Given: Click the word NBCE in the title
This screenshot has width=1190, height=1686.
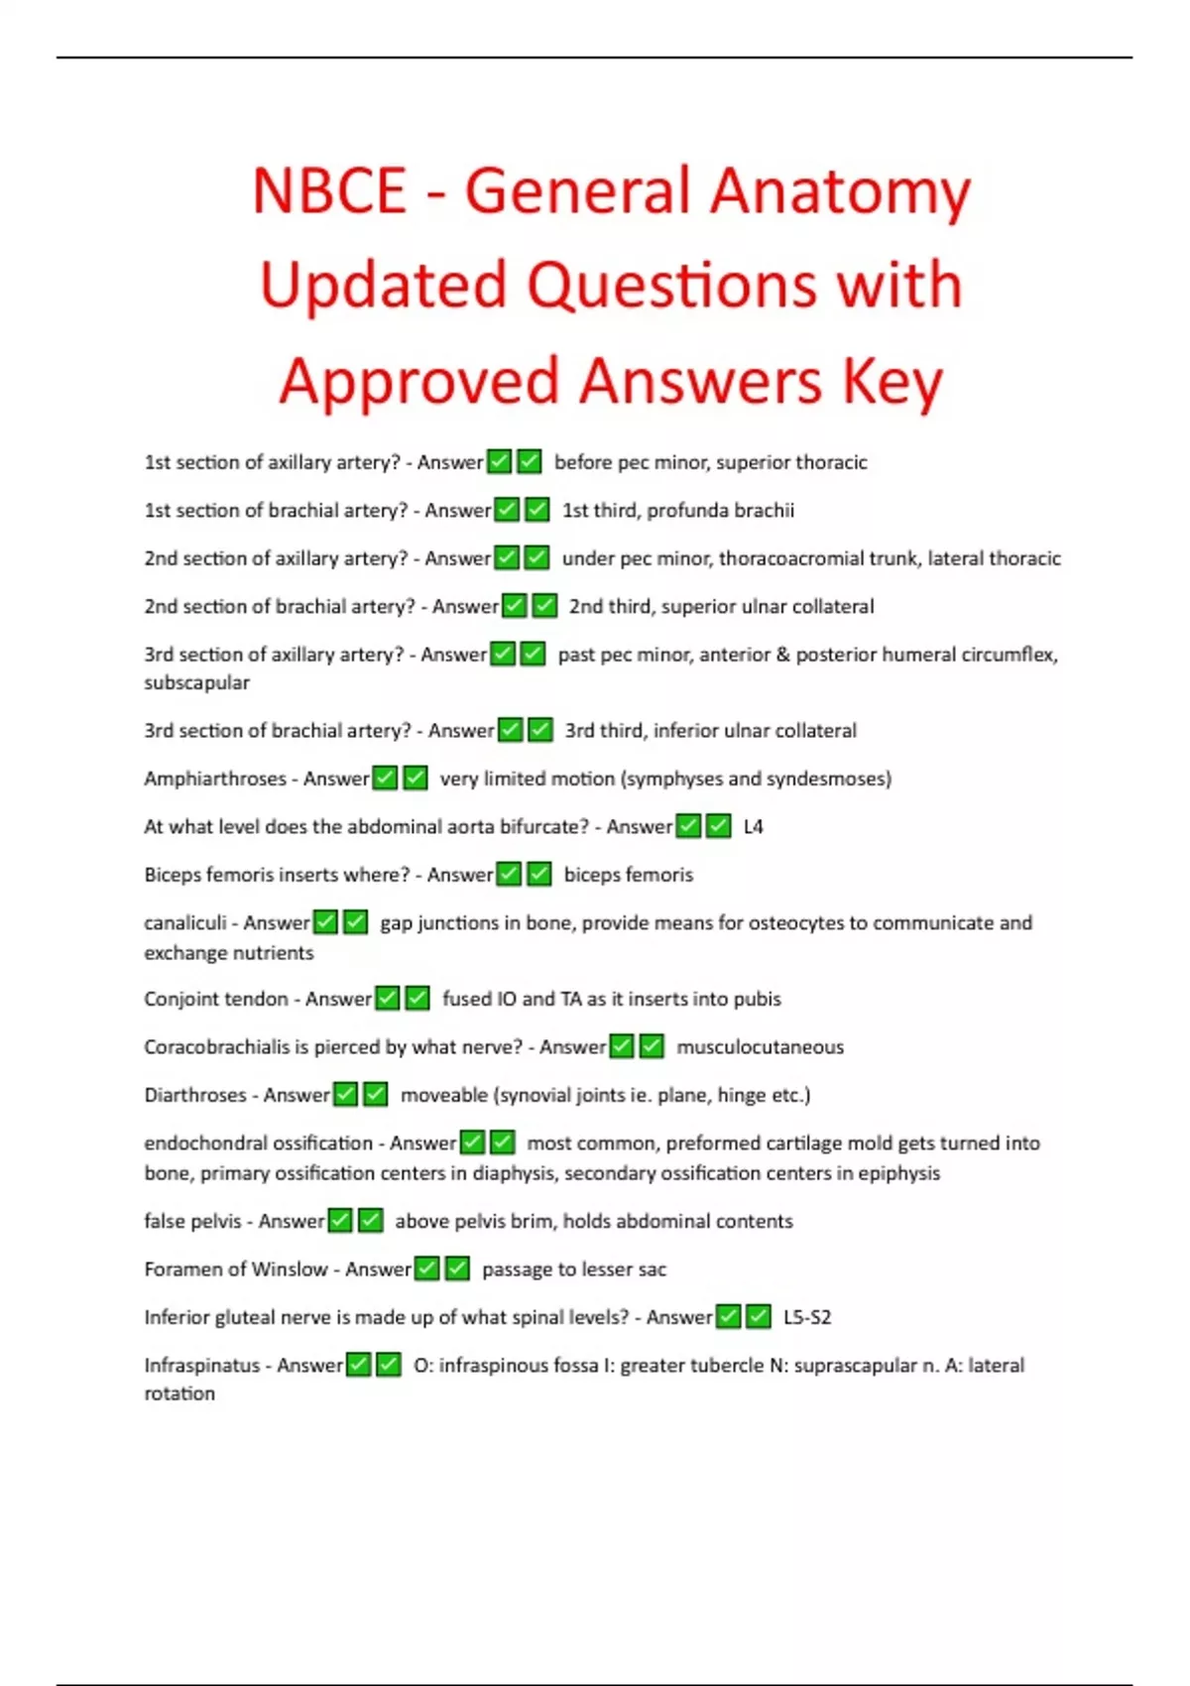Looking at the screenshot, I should coord(329,190).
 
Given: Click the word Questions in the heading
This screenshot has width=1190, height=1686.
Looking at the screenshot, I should coord(674,286).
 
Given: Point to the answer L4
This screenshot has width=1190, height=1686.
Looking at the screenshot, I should coord(753,827).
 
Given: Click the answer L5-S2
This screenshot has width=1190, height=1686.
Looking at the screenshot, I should coord(806,1318).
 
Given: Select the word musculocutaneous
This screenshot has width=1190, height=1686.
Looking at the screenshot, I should coord(760,1047).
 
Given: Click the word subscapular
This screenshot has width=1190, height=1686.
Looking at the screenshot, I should coord(196,683).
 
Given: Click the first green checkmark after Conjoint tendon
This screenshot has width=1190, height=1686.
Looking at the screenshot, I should coord(388,999).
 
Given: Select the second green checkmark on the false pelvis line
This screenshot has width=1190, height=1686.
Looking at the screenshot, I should coord(371,1221).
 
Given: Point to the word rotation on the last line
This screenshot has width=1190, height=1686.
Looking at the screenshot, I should coord(179,1394).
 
